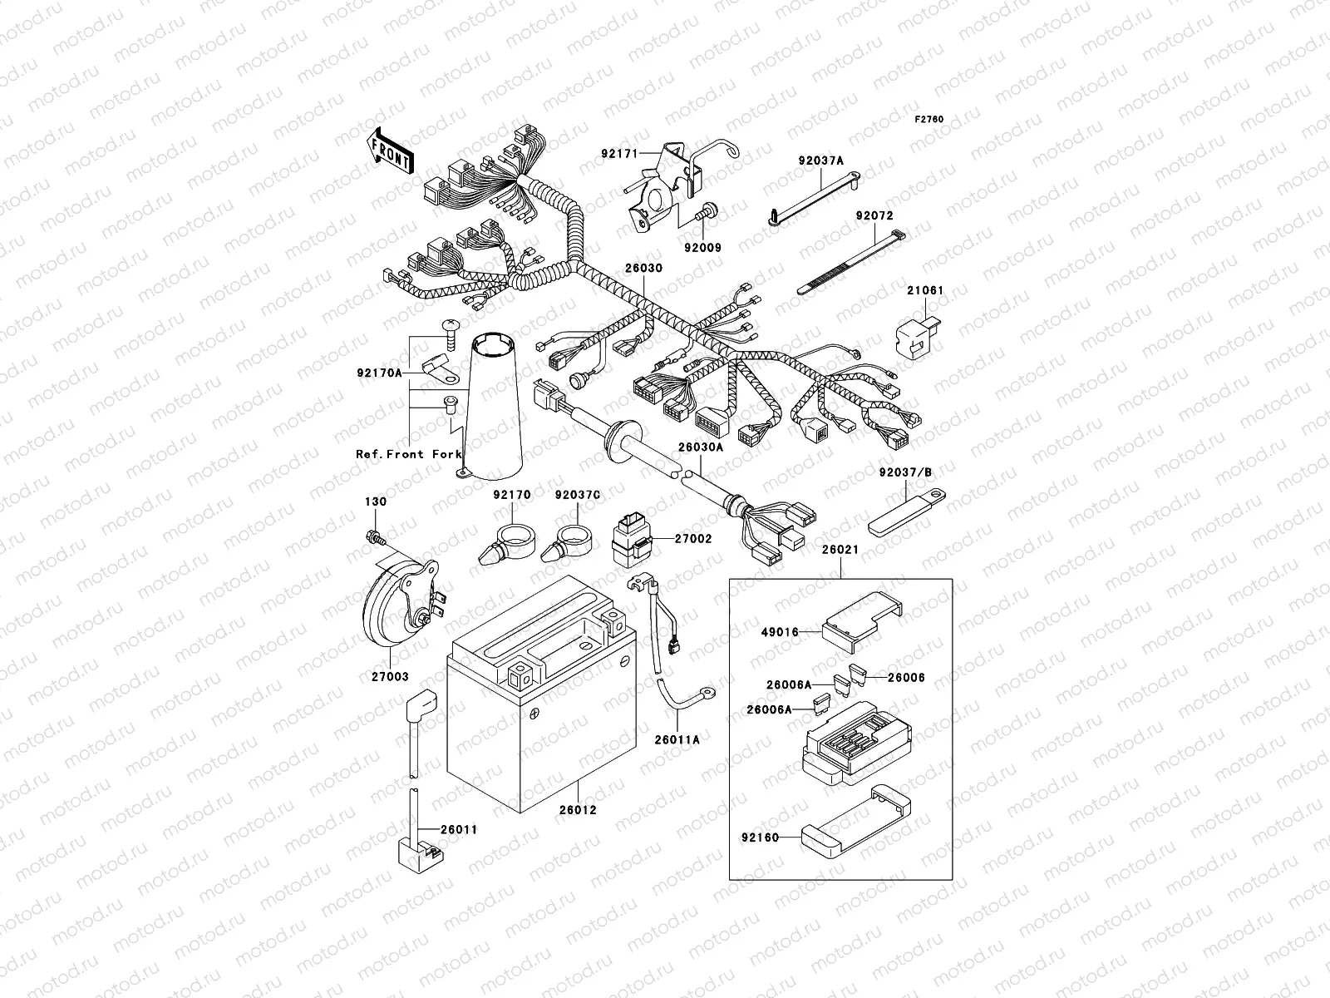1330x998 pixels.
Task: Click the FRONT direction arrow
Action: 390,151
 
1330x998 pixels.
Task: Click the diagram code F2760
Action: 929,120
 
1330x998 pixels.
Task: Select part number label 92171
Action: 641,154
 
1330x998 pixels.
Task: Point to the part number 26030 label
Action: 644,269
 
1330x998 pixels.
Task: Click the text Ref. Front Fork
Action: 402,454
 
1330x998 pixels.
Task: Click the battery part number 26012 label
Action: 577,809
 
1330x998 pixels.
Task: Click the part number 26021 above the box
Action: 840,550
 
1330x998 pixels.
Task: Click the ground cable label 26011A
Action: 677,739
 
